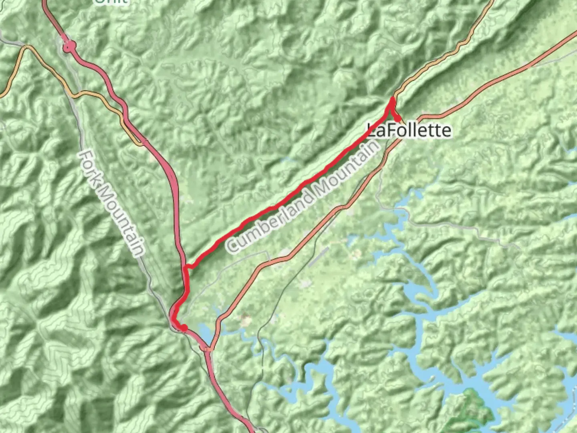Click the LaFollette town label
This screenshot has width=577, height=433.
pyautogui.click(x=409, y=131)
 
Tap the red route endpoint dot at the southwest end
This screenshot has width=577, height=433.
pyautogui.click(x=184, y=328)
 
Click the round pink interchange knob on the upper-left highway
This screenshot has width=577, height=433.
pyautogui.click(x=69, y=47)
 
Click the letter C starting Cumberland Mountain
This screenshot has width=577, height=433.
pyautogui.click(x=232, y=245)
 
